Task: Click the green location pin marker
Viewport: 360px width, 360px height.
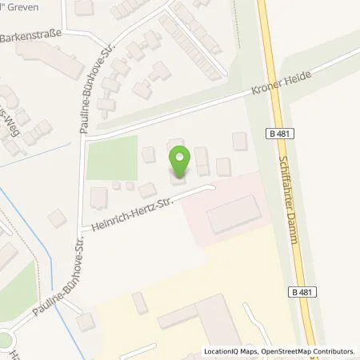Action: (179, 160)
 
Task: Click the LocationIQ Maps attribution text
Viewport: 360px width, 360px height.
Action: (228, 351)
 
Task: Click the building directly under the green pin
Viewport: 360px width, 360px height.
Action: (176, 177)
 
